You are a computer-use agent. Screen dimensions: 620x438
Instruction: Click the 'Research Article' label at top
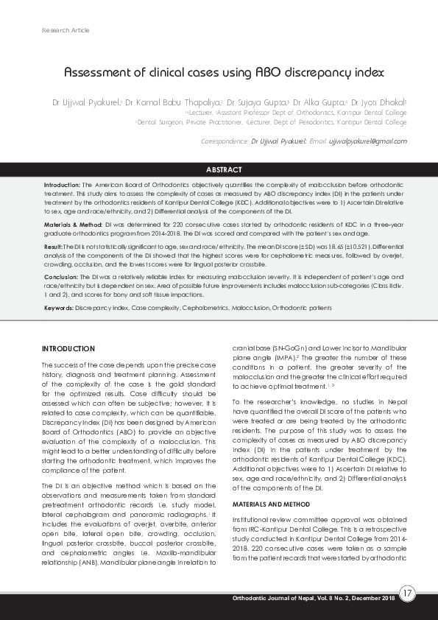pyautogui.click(x=66, y=30)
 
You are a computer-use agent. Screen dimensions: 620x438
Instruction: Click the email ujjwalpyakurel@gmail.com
pyautogui.click(x=367, y=140)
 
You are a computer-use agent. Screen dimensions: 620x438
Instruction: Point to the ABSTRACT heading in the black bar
pyautogui.click(x=219, y=169)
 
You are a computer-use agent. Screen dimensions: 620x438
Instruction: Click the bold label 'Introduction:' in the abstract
pyautogui.click(x=62, y=185)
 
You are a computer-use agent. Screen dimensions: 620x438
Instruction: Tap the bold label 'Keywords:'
pyautogui.click(x=58, y=308)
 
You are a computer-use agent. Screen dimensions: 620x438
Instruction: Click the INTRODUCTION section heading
pyautogui.click(x=68, y=348)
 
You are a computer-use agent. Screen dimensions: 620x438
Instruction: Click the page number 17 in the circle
pyautogui.click(x=408, y=593)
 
